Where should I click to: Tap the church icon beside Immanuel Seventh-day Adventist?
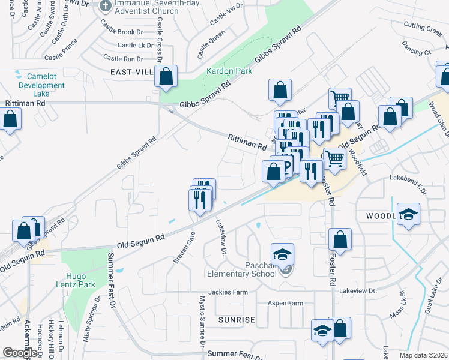tap(106, 7)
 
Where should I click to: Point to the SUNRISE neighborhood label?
tap(237, 320)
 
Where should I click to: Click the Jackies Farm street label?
tap(228, 292)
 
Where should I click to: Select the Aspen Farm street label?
tap(285, 303)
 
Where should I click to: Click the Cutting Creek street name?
tap(422, 26)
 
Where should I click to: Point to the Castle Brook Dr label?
tap(122, 31)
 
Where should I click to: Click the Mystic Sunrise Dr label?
tap(203, 324)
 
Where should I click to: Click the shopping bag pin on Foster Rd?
tap(340, 239)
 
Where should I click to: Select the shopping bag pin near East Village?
tap(166, 77)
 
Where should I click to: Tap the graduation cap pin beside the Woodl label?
tap(408, 214)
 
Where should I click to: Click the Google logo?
tap(20, 352)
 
